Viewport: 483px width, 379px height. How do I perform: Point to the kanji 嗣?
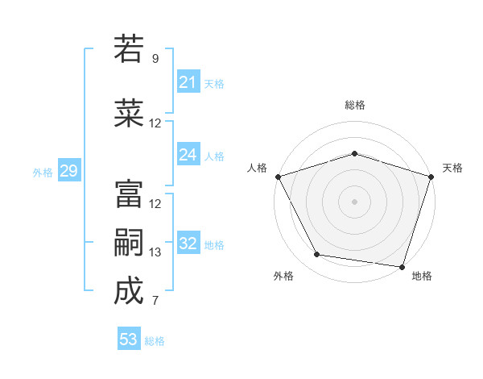(129, 243)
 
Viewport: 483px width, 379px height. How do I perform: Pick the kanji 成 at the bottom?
(129, 291)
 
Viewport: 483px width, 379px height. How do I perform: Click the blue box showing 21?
(188, 82)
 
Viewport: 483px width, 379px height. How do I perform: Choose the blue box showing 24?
(188, 155)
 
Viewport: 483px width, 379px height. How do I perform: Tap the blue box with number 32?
(188, 244)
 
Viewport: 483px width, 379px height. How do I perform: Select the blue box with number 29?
(68, 171)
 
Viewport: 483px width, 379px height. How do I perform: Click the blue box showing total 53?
(129, 339)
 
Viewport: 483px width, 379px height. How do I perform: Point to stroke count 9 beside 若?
(155, 59)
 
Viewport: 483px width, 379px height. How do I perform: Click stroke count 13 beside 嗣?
(155, 252)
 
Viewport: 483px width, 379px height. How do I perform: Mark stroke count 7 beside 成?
(155, 301)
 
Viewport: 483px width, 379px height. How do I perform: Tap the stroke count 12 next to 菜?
(155, 123)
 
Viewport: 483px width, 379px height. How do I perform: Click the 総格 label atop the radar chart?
(355, 105)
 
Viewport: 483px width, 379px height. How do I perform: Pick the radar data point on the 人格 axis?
(278, 177)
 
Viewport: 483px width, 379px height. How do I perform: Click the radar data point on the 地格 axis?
(402, 266)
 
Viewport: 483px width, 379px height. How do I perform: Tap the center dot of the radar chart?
(354, 202)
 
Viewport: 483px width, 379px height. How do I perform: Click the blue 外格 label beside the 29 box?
(43, 172)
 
